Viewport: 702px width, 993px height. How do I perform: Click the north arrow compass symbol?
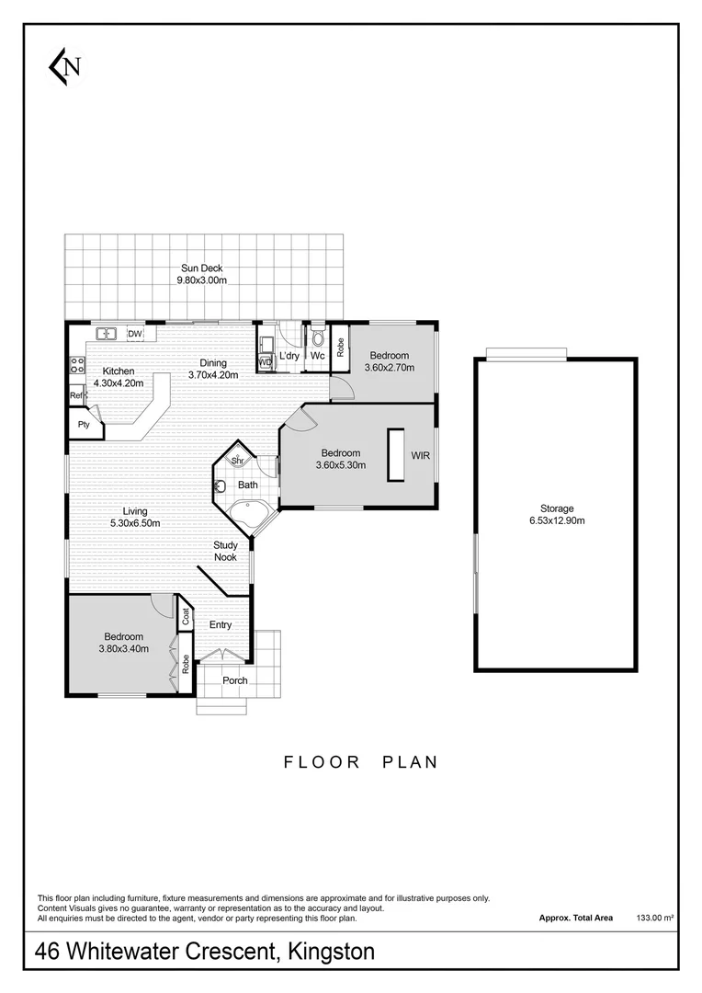(x=65, y=65)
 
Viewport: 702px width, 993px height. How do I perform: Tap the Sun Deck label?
(x=201, y=268)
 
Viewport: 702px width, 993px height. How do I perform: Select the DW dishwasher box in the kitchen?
(x=135, y=334)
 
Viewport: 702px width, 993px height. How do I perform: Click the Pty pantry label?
(x=84, y=425)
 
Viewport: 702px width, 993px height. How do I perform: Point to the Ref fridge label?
(x=76, y=395)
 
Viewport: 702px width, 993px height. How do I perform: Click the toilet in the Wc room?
(x=318, y=338)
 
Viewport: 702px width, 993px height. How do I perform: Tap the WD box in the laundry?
(x=265, y=362)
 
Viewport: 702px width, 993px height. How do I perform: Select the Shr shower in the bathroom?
(x=236, y=460)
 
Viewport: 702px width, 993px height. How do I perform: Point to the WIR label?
(x=420, y=455)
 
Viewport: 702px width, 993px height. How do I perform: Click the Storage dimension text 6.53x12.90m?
(x=556, y=520)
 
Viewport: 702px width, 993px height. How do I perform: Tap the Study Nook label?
(x=225, y=551)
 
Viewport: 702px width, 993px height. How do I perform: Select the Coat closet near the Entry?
(x=185, y=615)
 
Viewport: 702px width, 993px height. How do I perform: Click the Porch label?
(x=235, y=680)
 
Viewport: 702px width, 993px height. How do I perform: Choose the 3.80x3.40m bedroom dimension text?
(x=122, y=649)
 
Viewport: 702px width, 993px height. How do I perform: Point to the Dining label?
(x=212, y=362)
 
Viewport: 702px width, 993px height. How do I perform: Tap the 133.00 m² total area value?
(x=656, y=918)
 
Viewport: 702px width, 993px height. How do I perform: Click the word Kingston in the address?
(x=332, y=952)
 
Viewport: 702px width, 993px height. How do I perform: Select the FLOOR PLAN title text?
(x=360, y=762)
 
